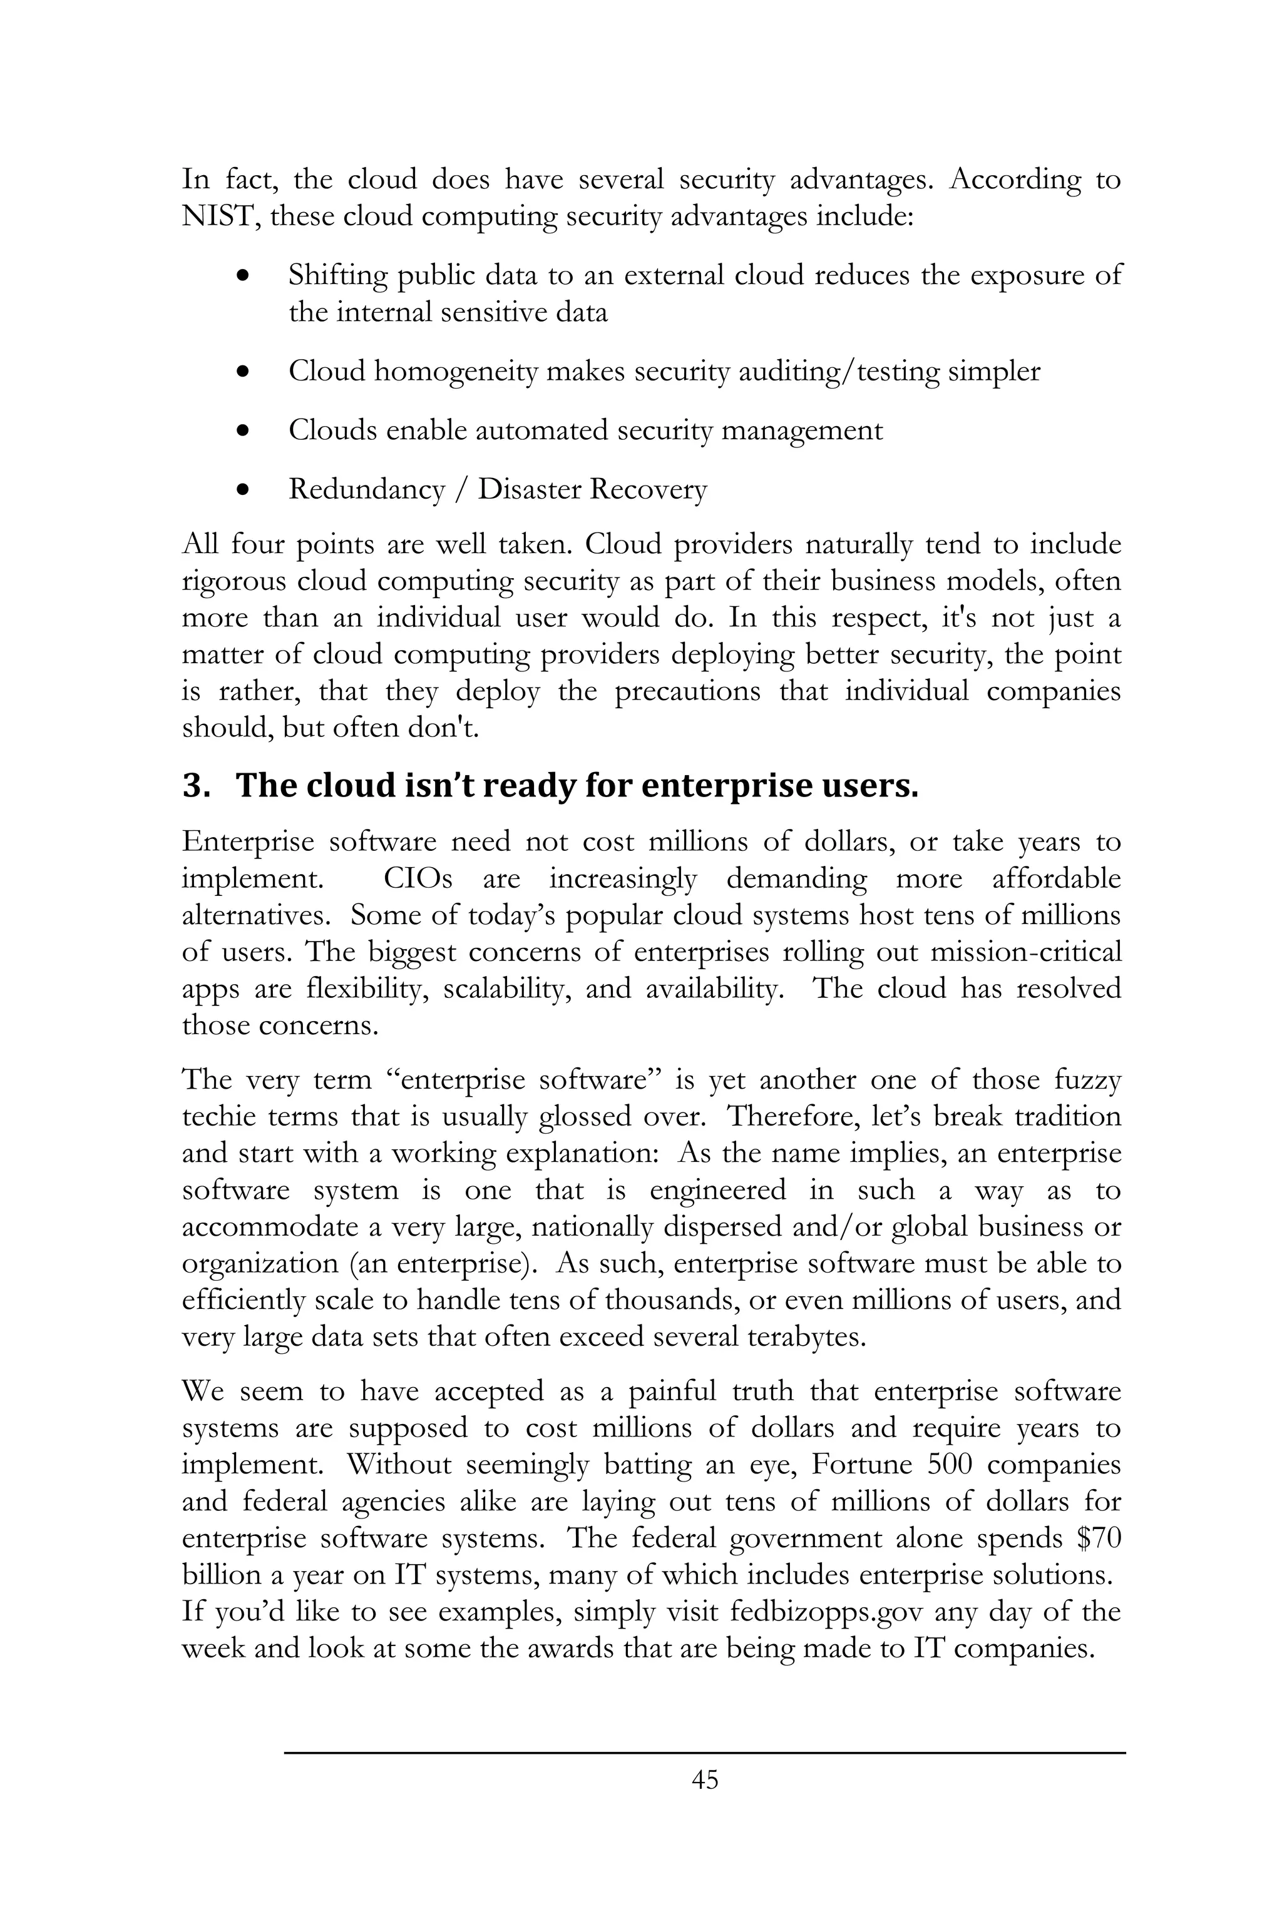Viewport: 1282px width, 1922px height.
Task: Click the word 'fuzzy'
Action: pyautogui.click(x=1087, y=1080)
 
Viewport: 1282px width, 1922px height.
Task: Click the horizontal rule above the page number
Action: pyautogui.click(x=705, y=1753)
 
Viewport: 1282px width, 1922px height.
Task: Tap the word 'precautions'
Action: pyautogui.click(x=687, y=691)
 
